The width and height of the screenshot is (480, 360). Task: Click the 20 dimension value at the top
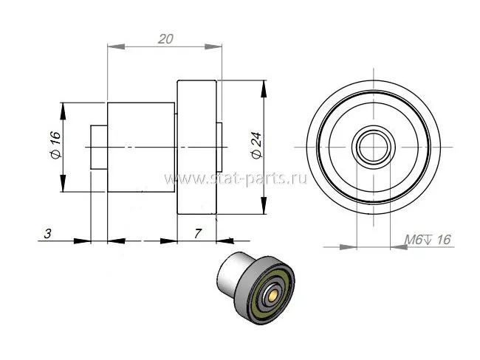165,39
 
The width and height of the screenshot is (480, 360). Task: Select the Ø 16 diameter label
55,145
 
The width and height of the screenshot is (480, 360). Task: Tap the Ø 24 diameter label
256,145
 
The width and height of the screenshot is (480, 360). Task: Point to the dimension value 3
47,234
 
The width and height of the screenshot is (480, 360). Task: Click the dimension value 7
198,234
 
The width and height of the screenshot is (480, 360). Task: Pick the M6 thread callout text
428,240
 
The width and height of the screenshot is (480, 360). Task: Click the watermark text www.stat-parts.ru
236,179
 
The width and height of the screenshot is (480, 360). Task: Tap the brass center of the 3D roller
272,294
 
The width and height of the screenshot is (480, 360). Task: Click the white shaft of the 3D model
231,271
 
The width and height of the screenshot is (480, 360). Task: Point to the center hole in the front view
373,147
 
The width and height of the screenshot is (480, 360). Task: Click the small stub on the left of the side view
99,147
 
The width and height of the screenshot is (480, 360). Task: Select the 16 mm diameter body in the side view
141,147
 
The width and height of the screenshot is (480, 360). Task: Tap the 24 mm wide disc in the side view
197,147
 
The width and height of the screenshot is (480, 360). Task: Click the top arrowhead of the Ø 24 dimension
264,89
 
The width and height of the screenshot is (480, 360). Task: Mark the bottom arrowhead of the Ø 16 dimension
63,183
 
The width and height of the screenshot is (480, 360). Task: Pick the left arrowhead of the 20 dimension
117,46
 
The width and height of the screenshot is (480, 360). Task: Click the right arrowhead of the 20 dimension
213,46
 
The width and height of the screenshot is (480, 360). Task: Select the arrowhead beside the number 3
83,241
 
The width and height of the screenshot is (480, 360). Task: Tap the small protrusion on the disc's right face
219,147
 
